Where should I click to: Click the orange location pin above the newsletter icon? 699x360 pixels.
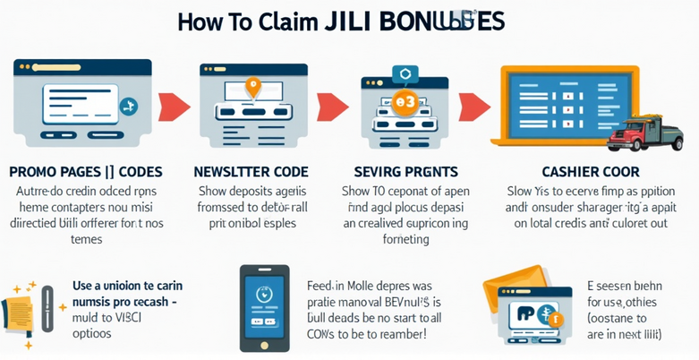253,88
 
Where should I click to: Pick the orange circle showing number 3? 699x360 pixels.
405,102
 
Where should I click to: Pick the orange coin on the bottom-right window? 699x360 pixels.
556,318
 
